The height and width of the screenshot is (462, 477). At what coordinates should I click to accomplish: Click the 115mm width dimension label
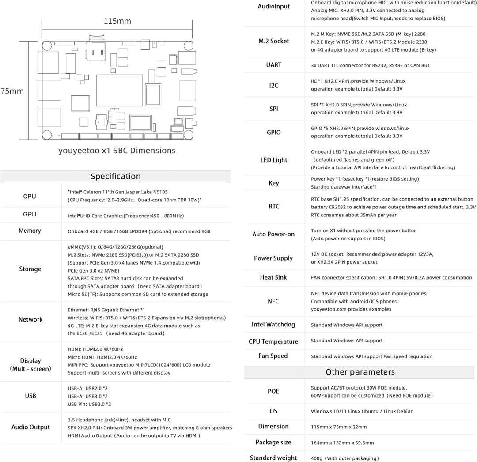[117, 21]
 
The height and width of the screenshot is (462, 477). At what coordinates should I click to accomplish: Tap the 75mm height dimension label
[12, 91]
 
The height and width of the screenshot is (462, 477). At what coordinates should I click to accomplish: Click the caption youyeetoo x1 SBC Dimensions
[117, 151]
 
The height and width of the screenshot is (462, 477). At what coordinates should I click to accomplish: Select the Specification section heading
[116, 176]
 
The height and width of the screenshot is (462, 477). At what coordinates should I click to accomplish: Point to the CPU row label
[30, 196]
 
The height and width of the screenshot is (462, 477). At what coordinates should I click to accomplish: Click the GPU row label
[30, 214]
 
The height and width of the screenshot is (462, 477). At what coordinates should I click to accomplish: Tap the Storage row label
[30, 269]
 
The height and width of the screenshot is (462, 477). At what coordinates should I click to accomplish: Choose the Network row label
[30, 319]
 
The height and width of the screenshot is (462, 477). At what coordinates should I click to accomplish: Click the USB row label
[30, 396]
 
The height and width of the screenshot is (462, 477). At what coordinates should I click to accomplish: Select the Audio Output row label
[30, 427]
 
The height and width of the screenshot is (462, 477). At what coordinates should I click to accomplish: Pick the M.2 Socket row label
[274, 41]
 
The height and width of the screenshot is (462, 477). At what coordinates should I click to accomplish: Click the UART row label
[274, 65]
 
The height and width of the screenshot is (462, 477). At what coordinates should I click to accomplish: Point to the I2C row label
[274, 85]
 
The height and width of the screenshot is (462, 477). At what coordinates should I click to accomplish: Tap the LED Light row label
[274, 160]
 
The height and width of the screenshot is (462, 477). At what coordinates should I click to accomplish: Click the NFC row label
[274, 301]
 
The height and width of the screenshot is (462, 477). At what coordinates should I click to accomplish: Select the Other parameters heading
[360, 372]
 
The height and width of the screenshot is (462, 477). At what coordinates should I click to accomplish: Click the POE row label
[274, 391]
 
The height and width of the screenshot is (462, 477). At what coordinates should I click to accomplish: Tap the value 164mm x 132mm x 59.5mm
[342, 443]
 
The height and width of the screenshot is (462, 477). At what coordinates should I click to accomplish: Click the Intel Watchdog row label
[274, 325]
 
